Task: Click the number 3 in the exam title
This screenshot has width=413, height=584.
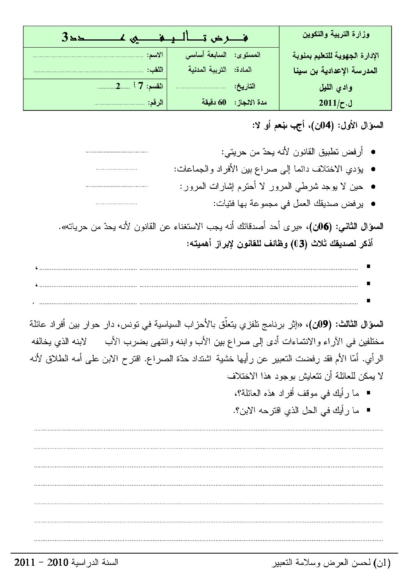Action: [65, 37]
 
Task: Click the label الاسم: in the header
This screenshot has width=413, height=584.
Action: [155, 55]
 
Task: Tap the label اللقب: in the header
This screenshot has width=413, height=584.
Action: [155, 70]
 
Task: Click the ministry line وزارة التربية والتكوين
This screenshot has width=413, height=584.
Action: [336, 34]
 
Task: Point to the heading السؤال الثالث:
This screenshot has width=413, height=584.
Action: [360, 324]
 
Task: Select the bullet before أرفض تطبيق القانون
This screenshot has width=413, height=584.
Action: [374, 153]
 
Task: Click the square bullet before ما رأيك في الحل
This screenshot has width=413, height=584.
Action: [368, 410]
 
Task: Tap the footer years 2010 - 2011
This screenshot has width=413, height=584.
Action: [43, 563]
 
